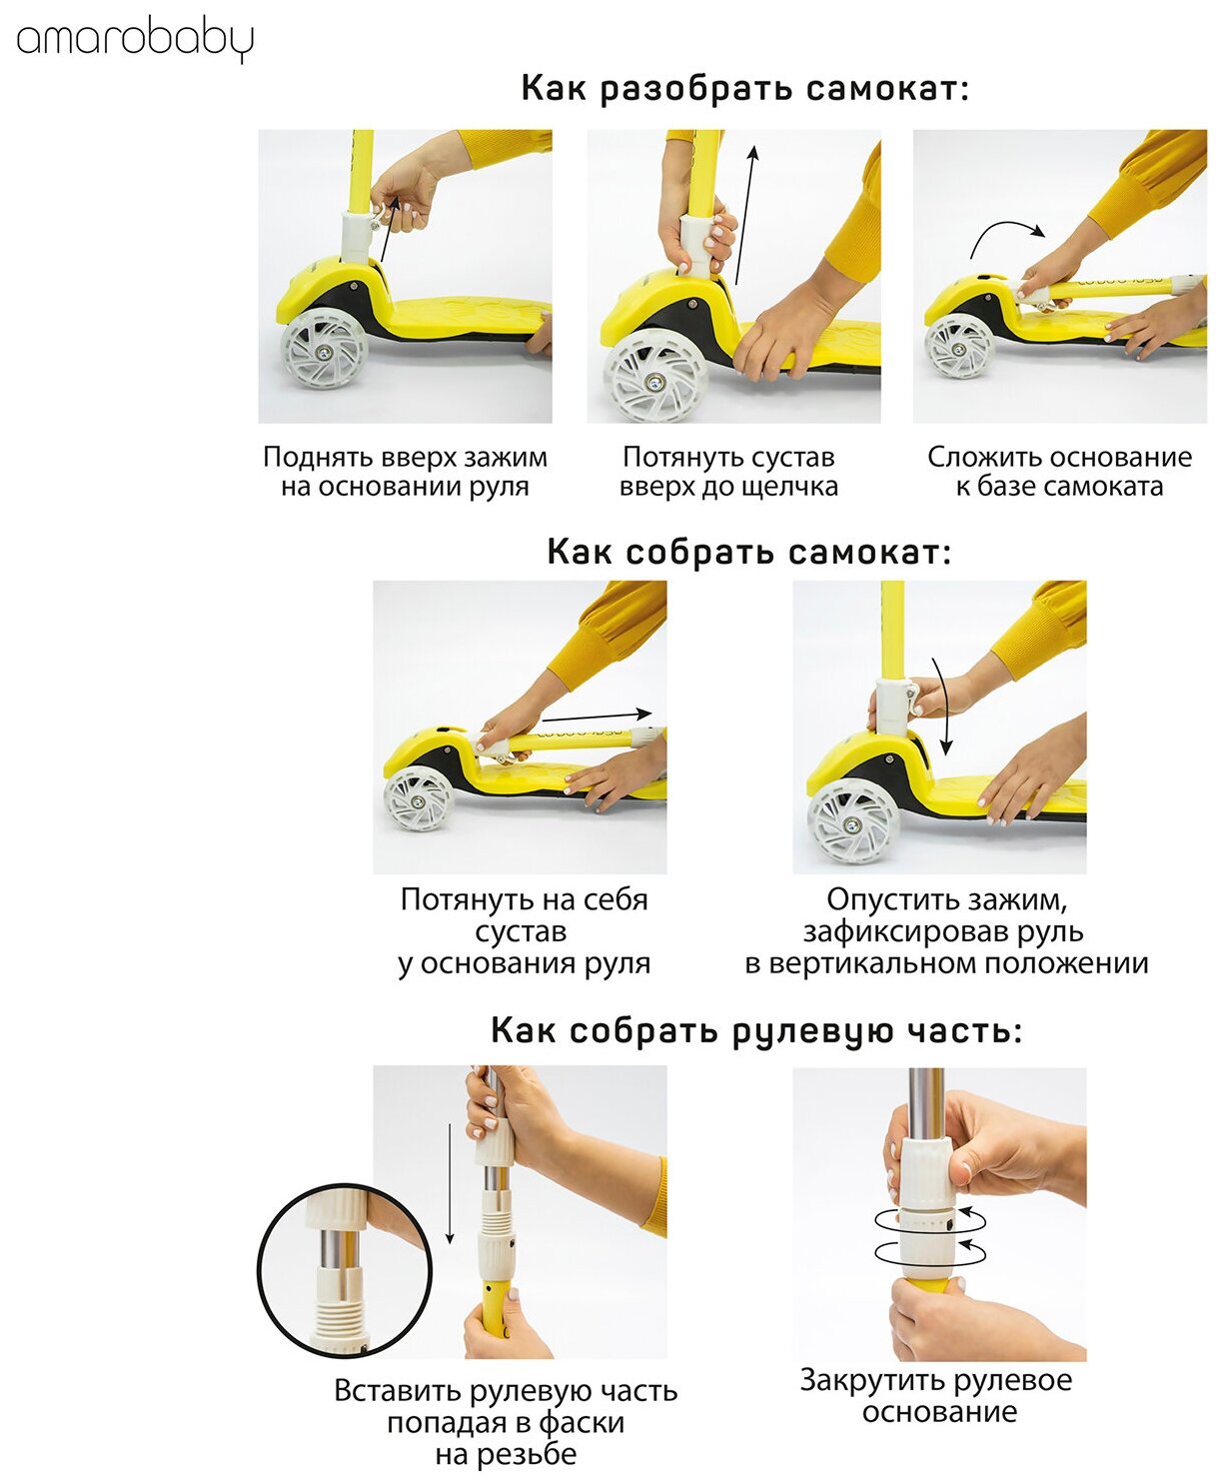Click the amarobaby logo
(134, 42)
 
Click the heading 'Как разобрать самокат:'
(745, 89)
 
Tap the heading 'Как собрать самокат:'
(748, 552)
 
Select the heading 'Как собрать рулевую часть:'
(756, 1031)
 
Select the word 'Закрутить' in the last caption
(859, 1380)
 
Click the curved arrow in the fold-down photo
(1007, 235)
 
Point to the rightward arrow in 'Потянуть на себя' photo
(597, 716)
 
